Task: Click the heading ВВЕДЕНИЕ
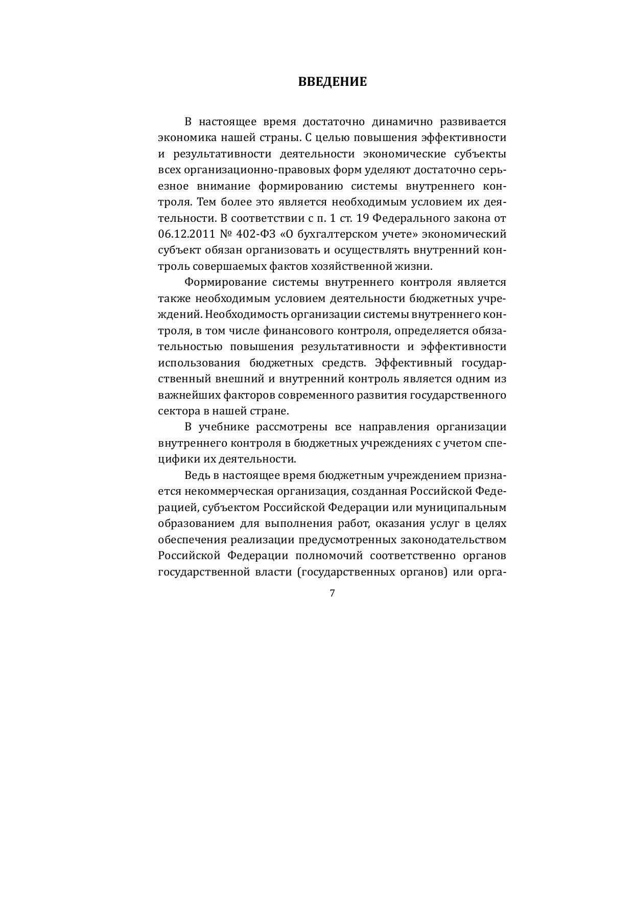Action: [332, 82]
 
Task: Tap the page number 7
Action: [332, 593]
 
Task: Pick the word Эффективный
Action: [414, 363]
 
